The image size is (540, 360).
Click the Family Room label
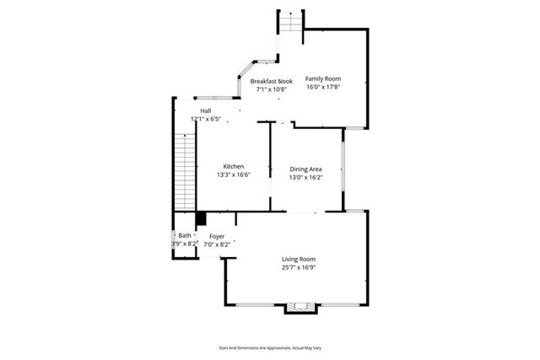pyautogui.click(x=322, y=78)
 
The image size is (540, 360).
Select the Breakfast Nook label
pyautogui.click(x=272, y=81)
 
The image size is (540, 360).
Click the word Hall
pyautogui.click(x=206, y=110)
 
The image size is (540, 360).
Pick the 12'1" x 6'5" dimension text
pyautogui.click(x=207, y=119)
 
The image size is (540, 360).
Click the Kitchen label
pyautogui.click(x=234, y=166)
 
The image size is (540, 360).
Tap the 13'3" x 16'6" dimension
pyautogui.click(x=234, y=175)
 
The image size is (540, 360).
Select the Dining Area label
pyautogui.click(x=305, y=169)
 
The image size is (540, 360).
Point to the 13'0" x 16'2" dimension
pyautogui.click(x=305, y=178)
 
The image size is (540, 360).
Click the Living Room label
pyautogui.click(x=299, y=259)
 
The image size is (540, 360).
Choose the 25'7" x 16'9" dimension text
pyautogui.click(x=299, y=267)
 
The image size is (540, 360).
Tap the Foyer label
pyautogui.click(x=217, y=236)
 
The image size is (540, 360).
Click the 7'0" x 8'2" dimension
pyautogui.click(x=217, y=244)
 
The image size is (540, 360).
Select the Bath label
pyautogui.click(x=185, y=236)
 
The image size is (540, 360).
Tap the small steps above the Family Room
pyautogui.click(x=290, y=22)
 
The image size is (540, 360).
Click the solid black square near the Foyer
pyautogui.click(x=201, y=218)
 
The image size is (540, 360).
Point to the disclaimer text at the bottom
pyautogui.click(x=270, y=347)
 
